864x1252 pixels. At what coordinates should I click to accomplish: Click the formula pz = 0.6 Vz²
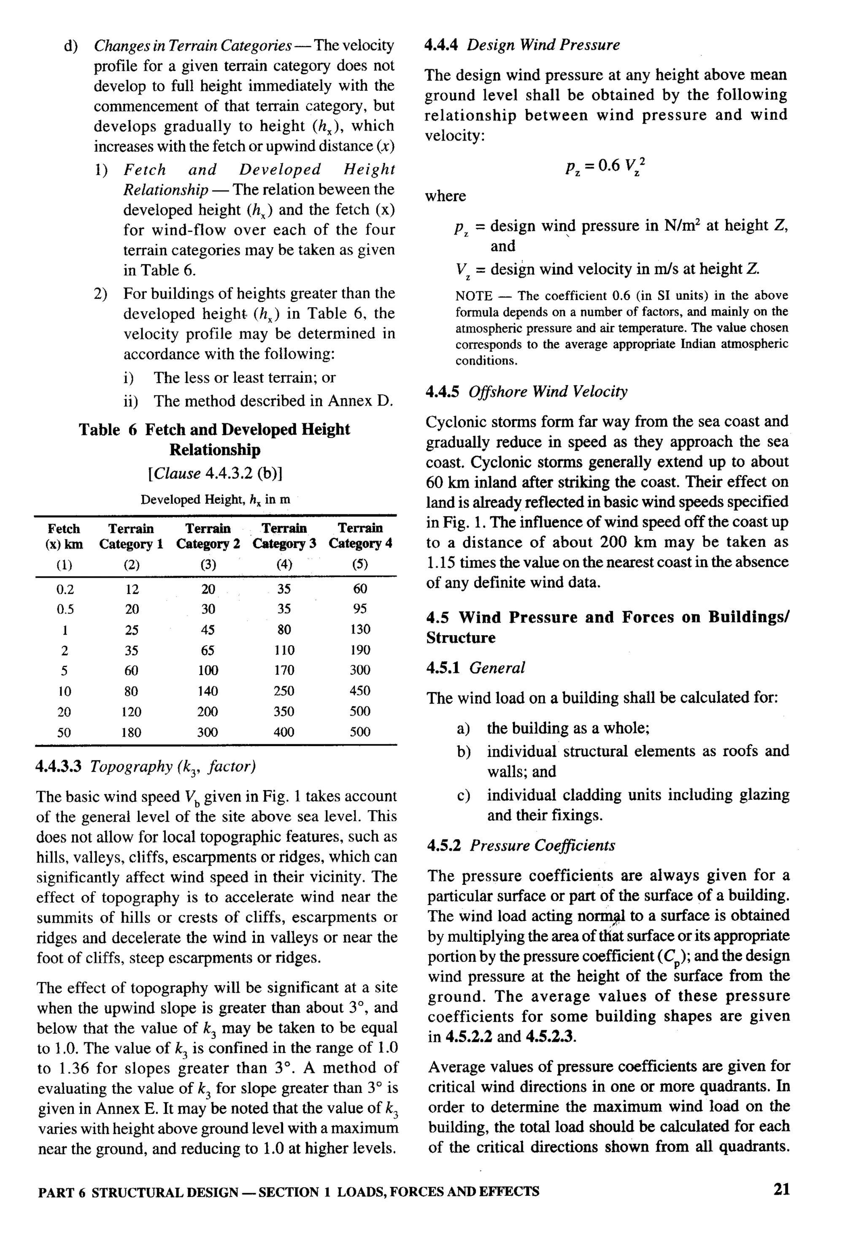(x=605, y=166)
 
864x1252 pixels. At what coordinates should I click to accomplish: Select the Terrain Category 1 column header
(x=131, y=536)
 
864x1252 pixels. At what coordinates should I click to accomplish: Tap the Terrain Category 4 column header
(x=361, y=535)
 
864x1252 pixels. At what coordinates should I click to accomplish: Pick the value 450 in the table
(x=360, y=690)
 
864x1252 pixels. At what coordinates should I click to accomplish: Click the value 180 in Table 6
(x=131, y=732)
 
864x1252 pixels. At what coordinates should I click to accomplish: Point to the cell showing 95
(x=360, y=608)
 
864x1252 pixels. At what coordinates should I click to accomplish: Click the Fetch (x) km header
(x=63, y=536)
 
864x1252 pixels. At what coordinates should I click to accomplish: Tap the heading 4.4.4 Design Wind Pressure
(x=522, y=45)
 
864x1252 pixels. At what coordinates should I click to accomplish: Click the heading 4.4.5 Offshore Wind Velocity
(x=526, y=392)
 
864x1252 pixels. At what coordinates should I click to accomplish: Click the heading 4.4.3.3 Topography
(x=146, y=766)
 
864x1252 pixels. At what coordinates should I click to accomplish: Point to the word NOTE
(x=474, y=296)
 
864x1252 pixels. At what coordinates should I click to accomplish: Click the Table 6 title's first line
(x=214, y=430)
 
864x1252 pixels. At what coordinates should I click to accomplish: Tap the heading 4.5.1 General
(x=475, y=668)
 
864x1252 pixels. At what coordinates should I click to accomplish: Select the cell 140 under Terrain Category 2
(x=208, y=690)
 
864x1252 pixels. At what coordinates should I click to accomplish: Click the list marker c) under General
(x=463, y=795)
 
